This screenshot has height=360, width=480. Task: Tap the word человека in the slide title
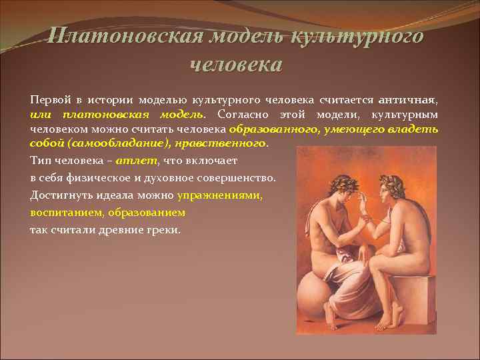[236, 65]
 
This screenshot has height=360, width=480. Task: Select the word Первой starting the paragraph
[49, 99]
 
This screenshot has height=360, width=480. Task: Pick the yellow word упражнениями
[220, 196]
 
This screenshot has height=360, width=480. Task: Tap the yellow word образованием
[151, 213]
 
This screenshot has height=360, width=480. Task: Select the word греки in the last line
[163, 230]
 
